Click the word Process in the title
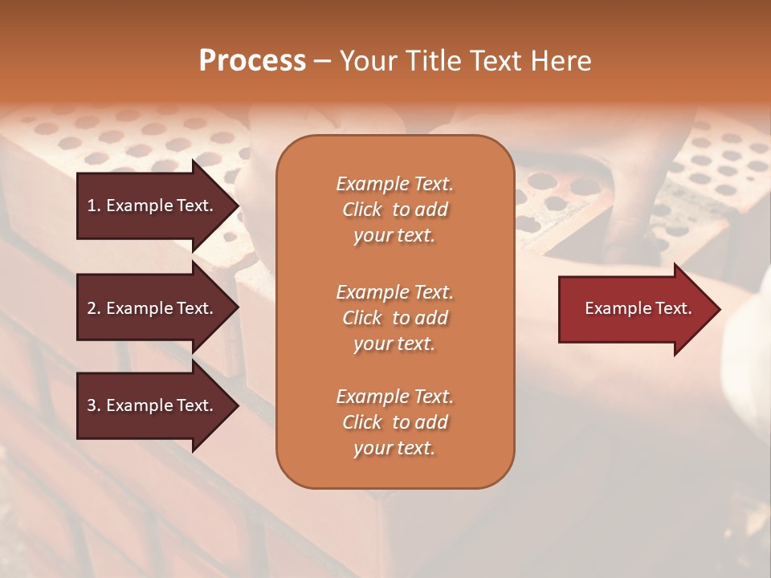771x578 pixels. [252, 61]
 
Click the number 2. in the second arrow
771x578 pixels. [94, 308]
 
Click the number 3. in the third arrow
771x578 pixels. [94, 405]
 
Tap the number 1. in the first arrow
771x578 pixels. [94, 206]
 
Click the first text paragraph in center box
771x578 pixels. [394, 210]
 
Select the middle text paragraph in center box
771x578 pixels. [394, 318]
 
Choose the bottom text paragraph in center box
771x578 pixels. [394, 422]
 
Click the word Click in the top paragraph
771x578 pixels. [362, 210]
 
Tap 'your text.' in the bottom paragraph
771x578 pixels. [394, 448]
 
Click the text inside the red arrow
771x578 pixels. [638, 308]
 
